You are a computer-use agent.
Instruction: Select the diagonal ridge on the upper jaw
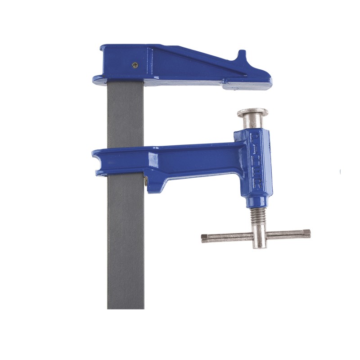[198, 60]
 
